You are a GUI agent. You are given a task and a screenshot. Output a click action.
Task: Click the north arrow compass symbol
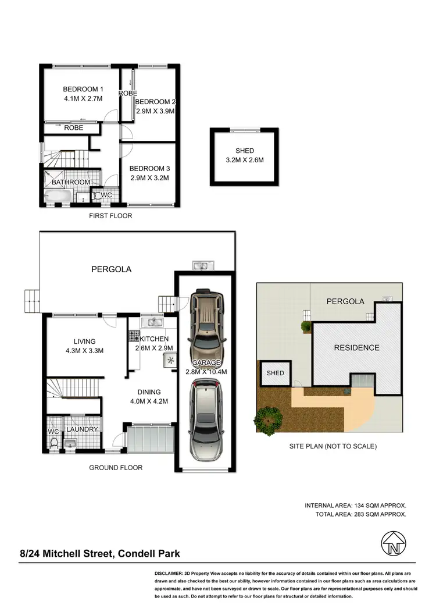[x=393, y=545]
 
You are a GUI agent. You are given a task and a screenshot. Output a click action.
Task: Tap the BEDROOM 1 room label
[x=83, y=89]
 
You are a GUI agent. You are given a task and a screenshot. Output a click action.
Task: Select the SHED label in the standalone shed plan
[x=244, y=151]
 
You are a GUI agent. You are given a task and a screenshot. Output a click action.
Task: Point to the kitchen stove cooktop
[x=133, y=335]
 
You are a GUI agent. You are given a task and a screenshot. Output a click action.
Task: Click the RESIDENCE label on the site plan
[x=356, y=348]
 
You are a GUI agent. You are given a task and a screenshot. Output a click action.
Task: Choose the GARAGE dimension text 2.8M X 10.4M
[x=205, y=372]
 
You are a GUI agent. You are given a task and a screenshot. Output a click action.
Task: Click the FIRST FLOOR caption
[x=110, y=216]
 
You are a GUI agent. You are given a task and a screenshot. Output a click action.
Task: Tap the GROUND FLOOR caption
[x=116, y=467]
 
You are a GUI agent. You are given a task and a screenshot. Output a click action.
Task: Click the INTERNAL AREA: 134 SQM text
[x=355, y=506]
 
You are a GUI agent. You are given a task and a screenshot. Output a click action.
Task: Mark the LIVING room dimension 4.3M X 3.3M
[x=84, y=351]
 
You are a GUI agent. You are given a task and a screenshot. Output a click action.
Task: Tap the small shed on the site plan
[x=276, y=373]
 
